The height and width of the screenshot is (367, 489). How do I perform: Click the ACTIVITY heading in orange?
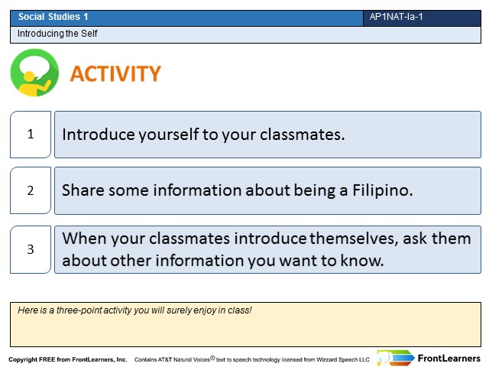115,73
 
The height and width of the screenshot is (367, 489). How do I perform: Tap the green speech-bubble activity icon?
34,73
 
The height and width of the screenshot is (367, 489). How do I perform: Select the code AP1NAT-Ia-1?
396,17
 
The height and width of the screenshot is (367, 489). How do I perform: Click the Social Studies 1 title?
53,17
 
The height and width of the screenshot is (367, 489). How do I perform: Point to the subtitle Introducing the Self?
57,34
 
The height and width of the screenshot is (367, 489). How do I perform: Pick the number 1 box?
31,135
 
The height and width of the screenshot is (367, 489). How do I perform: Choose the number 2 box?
31,190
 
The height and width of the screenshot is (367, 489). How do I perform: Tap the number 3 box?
31,249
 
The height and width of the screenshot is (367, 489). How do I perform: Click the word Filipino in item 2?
383,190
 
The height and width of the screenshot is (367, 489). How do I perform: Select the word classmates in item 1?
303,135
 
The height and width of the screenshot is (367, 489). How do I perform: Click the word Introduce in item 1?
99,135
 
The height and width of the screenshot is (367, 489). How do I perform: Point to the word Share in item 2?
83,190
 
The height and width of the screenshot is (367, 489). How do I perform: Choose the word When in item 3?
84,239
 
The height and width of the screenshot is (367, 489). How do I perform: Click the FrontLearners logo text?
449,359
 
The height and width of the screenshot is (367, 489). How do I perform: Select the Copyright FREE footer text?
68,359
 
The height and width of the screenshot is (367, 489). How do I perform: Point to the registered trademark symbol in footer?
212,358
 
